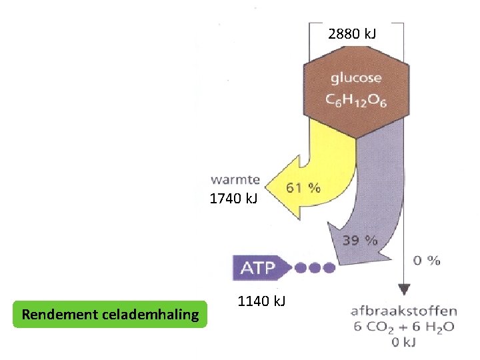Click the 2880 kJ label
[x=352, y=33]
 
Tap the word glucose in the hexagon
[x=356, y=78]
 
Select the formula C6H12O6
[x=357, y=100]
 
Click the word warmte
[x=235, y=179]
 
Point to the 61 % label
[x=303, y=188]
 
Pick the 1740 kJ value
[x=233, y=199]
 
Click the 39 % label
[x=361, y=240]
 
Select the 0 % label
[x=427, y=260]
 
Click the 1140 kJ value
[x=261, y=301]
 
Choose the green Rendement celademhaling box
[x=110, y=314]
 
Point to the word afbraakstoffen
[x=403, y=311]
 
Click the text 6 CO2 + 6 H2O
[x=403, y=326]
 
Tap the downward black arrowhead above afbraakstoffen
[x=403, y=291]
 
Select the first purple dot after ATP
[x=300, y=267]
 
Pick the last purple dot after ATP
[x=329, y=267]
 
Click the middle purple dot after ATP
[x=314, y=267]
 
